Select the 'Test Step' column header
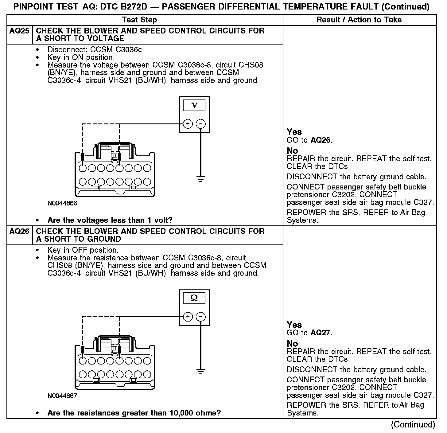coord(139,20)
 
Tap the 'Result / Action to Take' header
coord(359,20)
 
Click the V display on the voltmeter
coord(194,106)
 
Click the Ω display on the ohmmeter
coord(194,298)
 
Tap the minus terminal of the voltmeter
coord(201,124)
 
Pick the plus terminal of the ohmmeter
coord(188,317)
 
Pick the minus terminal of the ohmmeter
coord(201,317)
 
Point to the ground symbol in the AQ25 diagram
coord(201,179)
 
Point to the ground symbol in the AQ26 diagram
coord(201,371)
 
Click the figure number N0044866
coord(62,203)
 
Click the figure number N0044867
coord(62,396)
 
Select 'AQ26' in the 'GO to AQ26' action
coord(321,140)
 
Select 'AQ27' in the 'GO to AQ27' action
coord(321,333)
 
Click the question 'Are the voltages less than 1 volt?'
coord(110,220)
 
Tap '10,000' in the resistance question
coord(182,413)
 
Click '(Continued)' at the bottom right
coord(413,425)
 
